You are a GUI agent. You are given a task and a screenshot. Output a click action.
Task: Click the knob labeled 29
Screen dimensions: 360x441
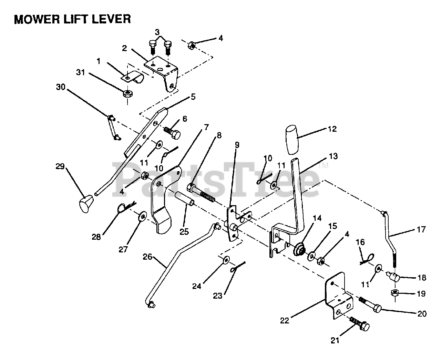click(x=86, y=203)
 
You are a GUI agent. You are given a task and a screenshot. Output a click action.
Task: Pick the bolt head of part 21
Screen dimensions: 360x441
click(x=364, y=327)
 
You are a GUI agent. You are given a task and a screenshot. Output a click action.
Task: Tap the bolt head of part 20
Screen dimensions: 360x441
click(x=377, y=308)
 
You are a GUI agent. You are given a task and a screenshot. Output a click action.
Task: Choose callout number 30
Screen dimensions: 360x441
click(x=61, y=87)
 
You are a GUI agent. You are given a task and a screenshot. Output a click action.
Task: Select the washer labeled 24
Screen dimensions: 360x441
click(x=226, y=260)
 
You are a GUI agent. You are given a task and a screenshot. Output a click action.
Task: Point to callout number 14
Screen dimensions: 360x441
click(x=317, y=219)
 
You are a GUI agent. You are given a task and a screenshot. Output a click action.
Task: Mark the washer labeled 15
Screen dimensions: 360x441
click(x=311, y=256)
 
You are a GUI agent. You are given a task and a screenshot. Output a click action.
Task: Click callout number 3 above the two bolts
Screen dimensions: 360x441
click(x=157, y=32)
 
